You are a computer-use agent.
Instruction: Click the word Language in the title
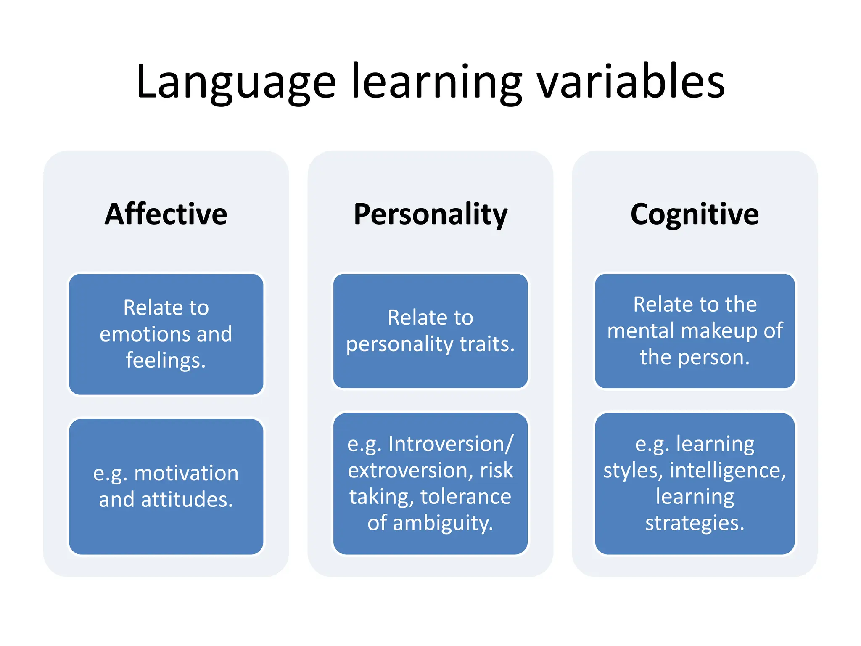coord(236,82)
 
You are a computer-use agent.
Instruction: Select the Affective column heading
coord(166,214)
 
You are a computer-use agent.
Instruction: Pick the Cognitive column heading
coord(695,215)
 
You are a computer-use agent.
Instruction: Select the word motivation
coord(186,473)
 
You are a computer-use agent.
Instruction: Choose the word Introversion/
coord(451,444)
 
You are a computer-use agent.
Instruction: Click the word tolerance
coord(465,497)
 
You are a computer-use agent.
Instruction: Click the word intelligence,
coord(727,470)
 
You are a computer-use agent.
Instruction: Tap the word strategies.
coord(695,523)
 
